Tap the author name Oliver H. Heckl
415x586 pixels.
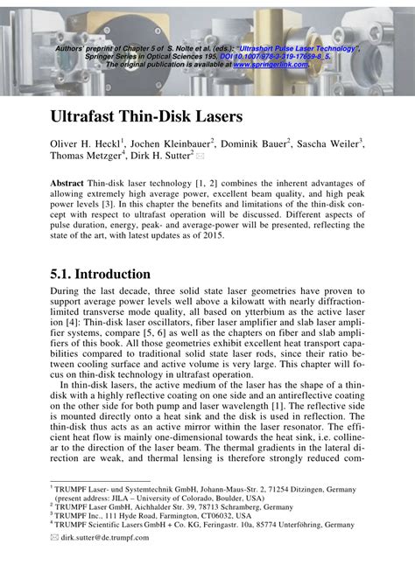(88, 144)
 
